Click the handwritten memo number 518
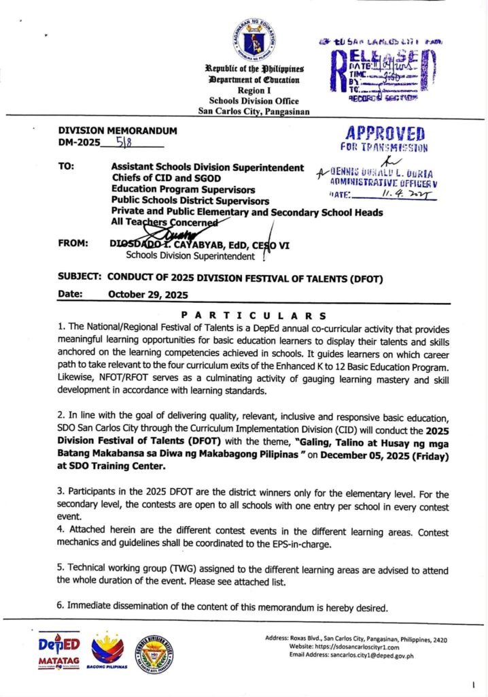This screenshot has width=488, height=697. pyautogui.click(x=125, y=143)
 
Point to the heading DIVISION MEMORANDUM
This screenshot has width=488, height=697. pyautogui.click(x=118, y=131)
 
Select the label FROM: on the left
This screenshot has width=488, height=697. pyautogui.click(x=73, y=244)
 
